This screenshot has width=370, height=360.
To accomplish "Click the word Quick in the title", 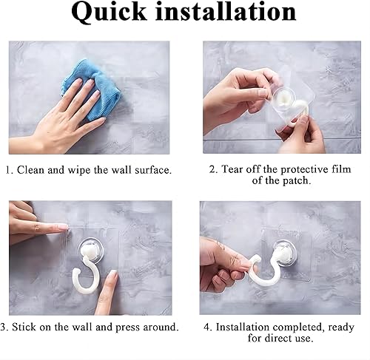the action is coord(109,13).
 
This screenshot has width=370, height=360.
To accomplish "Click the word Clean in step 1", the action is coord(31,170).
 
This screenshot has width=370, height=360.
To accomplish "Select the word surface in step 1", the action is coord(153,170).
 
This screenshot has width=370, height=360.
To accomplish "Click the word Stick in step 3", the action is coord(24,327).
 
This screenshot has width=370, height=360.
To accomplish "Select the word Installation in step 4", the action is coord(243,327).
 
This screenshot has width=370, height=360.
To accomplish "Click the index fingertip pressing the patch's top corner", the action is coord(64,228).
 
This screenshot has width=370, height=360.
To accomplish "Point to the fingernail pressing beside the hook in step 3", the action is coord(113,274).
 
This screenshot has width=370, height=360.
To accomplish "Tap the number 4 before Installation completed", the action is coord(206,327).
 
